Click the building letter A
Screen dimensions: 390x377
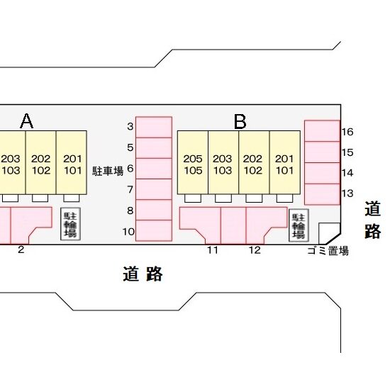coord(27,121)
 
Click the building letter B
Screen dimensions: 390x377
coord(240,122)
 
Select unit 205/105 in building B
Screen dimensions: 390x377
coord(193,162)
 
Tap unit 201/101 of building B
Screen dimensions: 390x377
coord(285,162)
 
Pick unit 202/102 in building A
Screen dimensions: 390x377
coord(41,162)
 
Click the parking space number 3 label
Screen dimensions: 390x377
coord(130,127)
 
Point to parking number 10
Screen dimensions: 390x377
coord(128,232)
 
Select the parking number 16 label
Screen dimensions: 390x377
coord(347,132)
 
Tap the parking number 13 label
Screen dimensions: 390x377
coord(347,193)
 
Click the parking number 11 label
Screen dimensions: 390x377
coord(213,250)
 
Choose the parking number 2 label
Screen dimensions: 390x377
coord(21,249)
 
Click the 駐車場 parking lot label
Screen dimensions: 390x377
coord(108,171)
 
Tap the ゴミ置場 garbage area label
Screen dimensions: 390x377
coord(328,251)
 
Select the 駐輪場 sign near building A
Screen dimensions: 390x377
coord(71,224)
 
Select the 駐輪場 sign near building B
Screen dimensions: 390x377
coord(299,225)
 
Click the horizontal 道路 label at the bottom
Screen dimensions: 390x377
coord(143,274)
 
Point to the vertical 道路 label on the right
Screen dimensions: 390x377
coord(372,220)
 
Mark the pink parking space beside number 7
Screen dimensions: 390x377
coord(154,189)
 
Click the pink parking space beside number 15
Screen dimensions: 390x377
coord(323,152)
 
